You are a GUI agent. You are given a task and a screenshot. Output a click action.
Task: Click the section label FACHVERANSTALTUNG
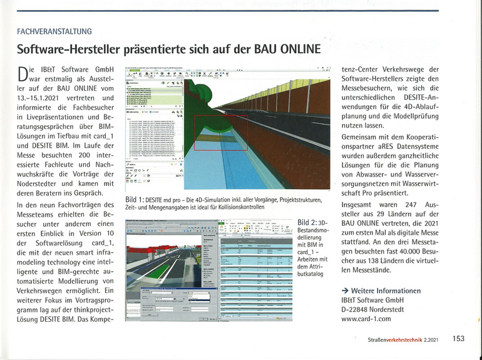pyautogui.click(x=54, y=31)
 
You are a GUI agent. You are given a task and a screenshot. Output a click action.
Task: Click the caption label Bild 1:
pyautogui.click(x=137, y=200)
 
